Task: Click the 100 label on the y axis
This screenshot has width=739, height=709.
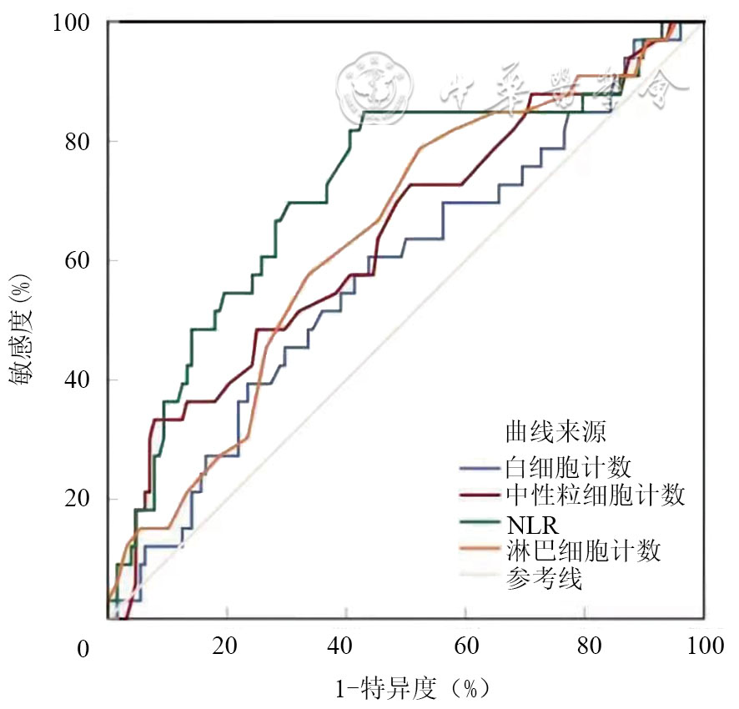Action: coord(73,23)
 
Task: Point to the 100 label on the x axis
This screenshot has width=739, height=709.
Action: coord(699,646)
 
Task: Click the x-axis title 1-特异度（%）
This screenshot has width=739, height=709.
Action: coord(411,689)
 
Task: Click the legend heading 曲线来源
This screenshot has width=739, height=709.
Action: coord(556,431)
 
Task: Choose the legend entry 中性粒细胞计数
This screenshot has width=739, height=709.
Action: coord(596,495)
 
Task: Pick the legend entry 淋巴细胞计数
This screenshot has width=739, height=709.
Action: coord(583,551)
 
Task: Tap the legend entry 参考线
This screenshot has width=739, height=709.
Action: coord(544,579)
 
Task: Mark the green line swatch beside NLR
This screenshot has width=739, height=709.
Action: coord(480,525)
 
